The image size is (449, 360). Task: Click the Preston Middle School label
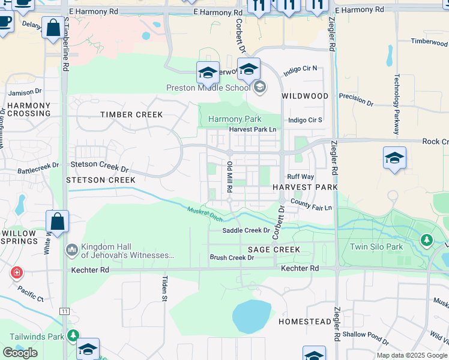point(208,88)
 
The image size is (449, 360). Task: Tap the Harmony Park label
point(235,119)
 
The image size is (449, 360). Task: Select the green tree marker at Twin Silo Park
point(427,241)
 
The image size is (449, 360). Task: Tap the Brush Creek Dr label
point(232,257)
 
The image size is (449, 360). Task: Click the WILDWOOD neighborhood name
point(306,96)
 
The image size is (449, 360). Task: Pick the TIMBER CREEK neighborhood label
point(131,115)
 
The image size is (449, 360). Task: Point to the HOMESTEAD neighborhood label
point(304,322)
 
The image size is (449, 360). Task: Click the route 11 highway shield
point(64,311)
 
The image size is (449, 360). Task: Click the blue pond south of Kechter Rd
point(252,316)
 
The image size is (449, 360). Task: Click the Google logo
point(20,353)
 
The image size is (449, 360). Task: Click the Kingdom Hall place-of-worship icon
point(71,248)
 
